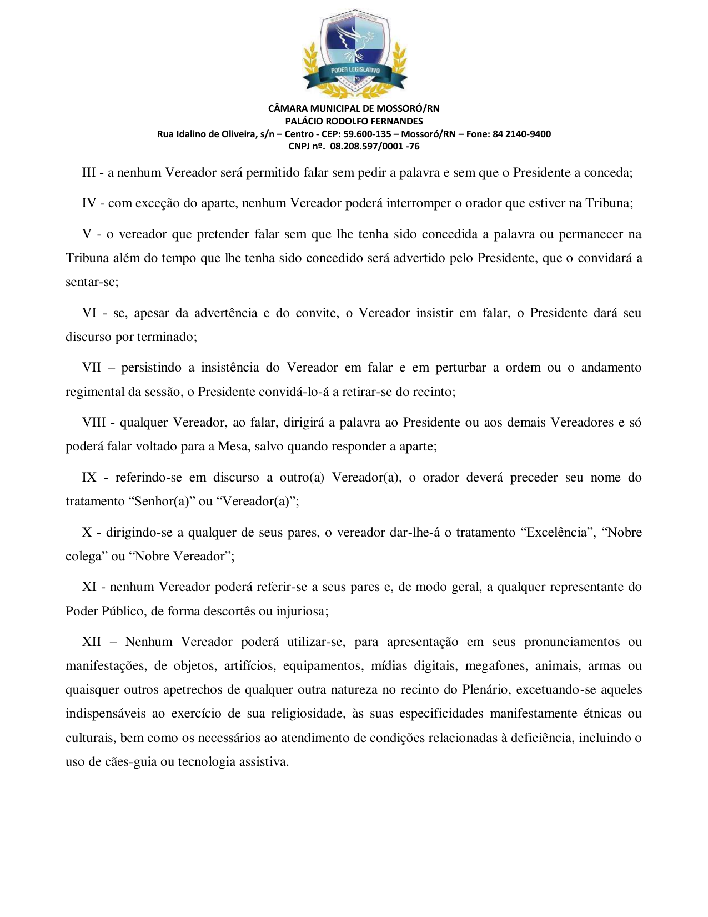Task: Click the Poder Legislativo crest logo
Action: point(354,53)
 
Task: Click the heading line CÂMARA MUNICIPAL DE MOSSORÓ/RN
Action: point(354,108)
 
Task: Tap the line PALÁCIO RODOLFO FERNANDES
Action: point(354,121)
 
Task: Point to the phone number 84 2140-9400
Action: point(521,134)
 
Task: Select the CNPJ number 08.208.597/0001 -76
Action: point(374,147)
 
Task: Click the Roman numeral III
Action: point(89,173)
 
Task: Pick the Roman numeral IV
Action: point(89,203)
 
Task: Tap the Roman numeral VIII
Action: point(94,423)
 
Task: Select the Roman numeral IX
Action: point(89,478)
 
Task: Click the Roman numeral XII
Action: point(92,642)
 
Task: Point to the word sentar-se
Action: point(91,282)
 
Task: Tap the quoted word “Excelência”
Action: point(557,533)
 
